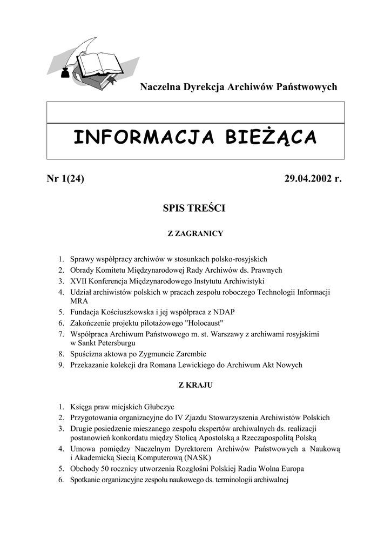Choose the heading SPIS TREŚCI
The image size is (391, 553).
[x=194, y=208]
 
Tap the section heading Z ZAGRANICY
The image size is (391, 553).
[x=195, y=234]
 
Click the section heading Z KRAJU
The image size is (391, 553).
[x=195, y=385]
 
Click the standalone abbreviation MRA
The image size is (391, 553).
[x=79, y=301]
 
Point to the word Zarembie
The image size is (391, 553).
[x=191, y=354]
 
